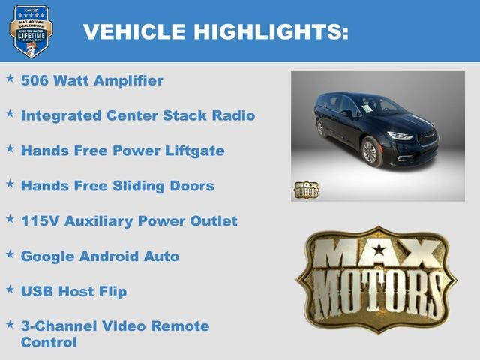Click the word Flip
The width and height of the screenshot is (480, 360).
point(111,291)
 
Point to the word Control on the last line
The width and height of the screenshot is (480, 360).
point(49,342)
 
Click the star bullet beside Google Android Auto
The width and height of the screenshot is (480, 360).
point(10,255)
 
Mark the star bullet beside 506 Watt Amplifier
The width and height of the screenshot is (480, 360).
point(10,79)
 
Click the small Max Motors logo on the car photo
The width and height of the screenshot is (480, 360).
point(305,189)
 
